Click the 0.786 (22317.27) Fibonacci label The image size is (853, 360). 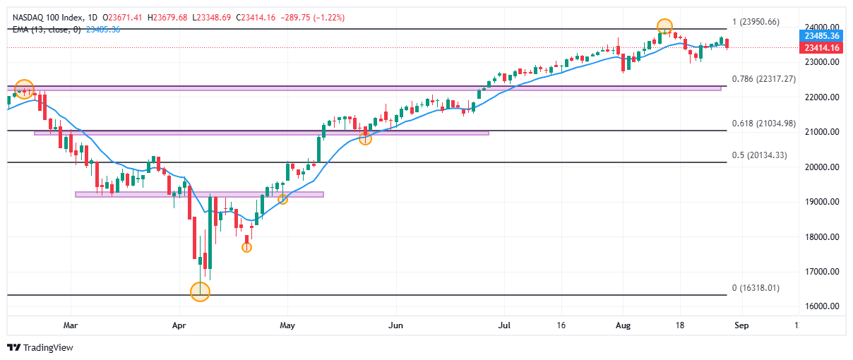coord(764,79)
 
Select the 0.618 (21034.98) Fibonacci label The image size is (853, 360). coord(764,124)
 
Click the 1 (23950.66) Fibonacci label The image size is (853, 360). coord(755,22)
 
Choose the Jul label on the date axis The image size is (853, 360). coord(503,325)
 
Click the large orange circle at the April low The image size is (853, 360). coord(200,292)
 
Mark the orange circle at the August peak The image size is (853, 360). coord(664,27)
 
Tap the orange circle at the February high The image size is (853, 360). coord(24,89)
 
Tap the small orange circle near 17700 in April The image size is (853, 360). coord(246,247)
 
